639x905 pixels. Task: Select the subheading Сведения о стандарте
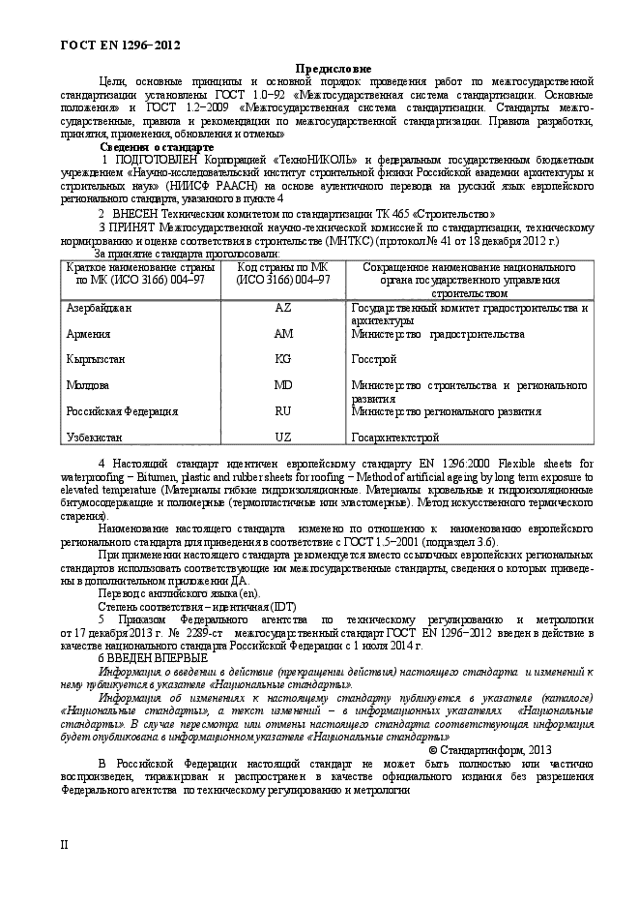point(157,146)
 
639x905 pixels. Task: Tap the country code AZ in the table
point(283,308)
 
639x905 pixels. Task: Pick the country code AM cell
point(283,333)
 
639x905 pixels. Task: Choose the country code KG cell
point(283,359)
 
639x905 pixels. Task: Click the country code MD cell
point(283,385)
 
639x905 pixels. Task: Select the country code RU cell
point(283,410)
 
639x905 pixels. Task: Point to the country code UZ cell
point(283,437)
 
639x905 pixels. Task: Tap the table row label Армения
point(88,333)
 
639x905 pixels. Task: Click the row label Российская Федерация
point(122,410)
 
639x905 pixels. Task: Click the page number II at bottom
point(65,844)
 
